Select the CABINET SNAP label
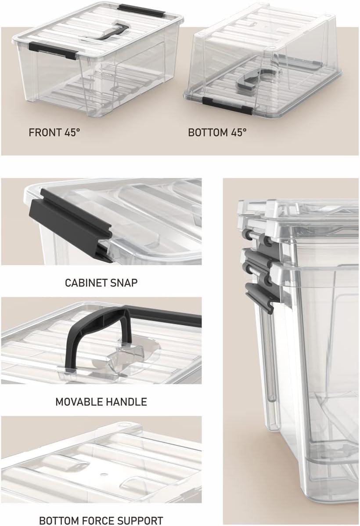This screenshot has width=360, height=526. point(101,282)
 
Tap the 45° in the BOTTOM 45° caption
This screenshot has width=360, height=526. point(239,132)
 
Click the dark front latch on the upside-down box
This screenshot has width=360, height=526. point(227,106)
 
